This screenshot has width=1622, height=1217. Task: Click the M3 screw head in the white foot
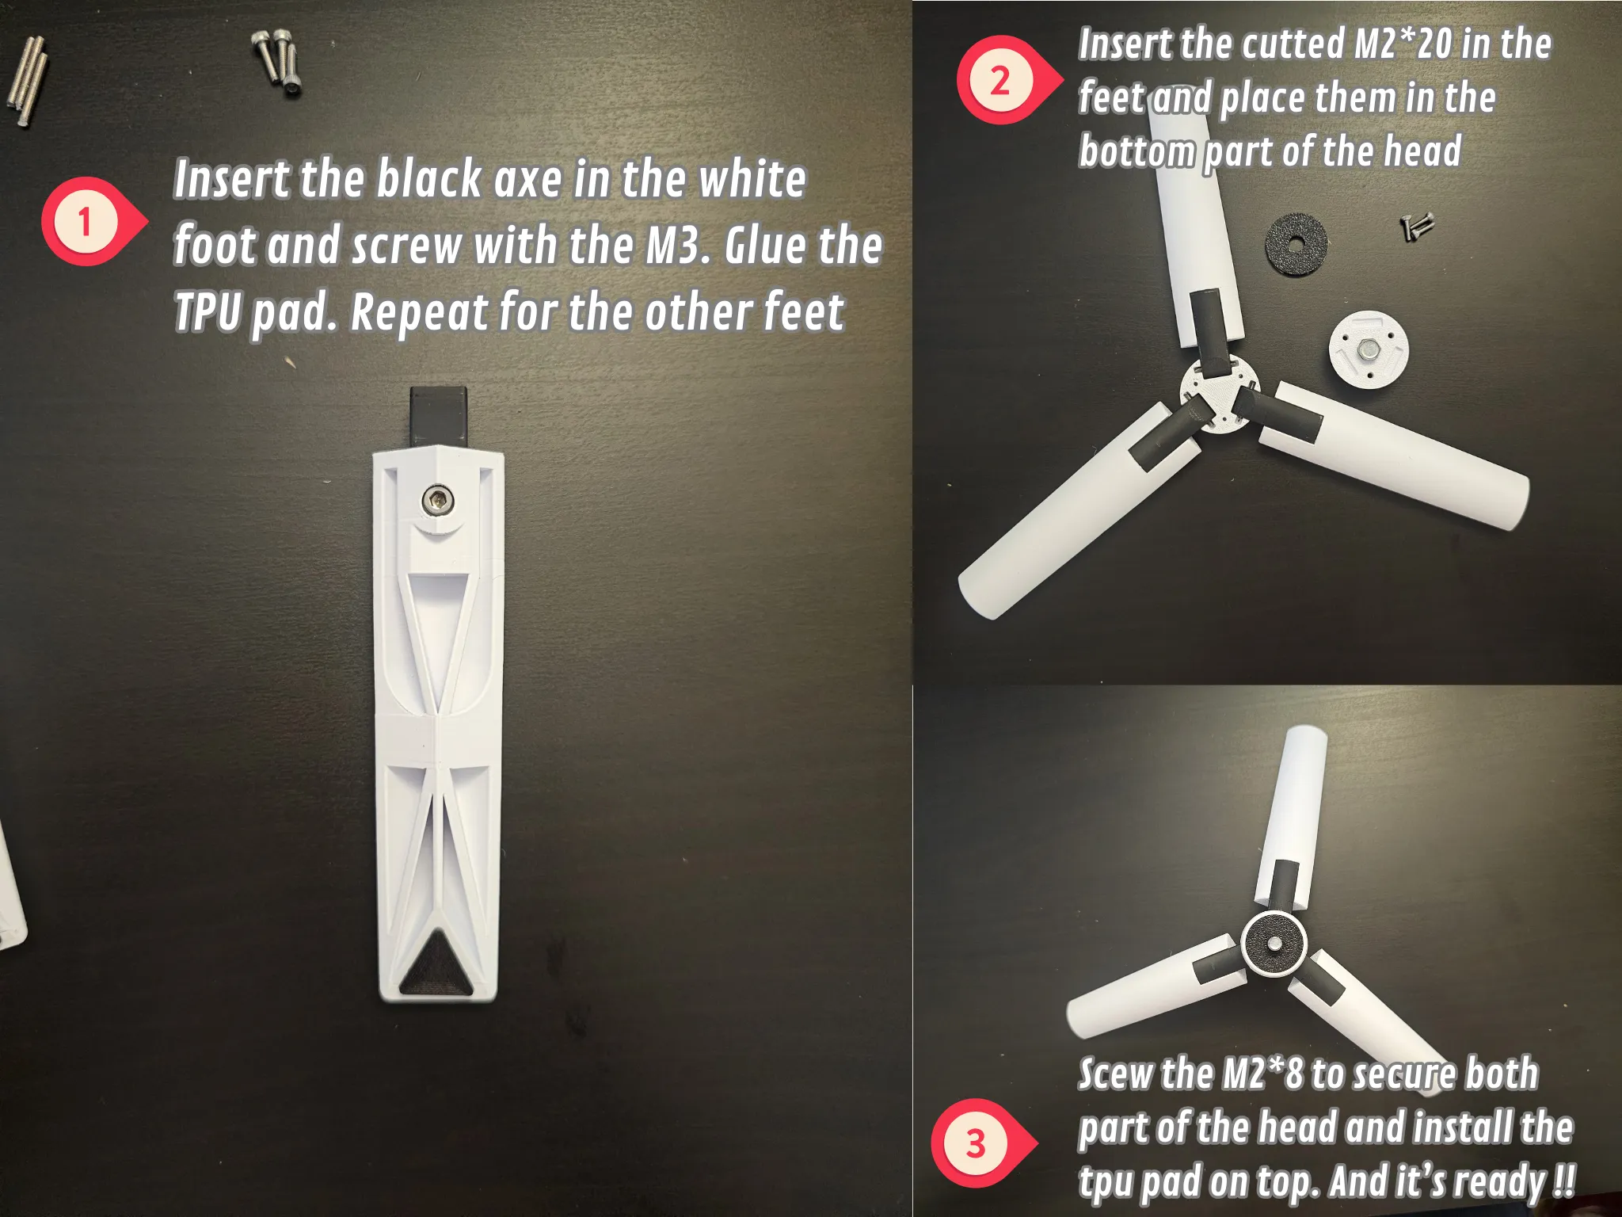[435, 499]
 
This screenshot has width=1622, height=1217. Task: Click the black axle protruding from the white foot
[438, 418]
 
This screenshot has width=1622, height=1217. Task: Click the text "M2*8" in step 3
[1262, 1074]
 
